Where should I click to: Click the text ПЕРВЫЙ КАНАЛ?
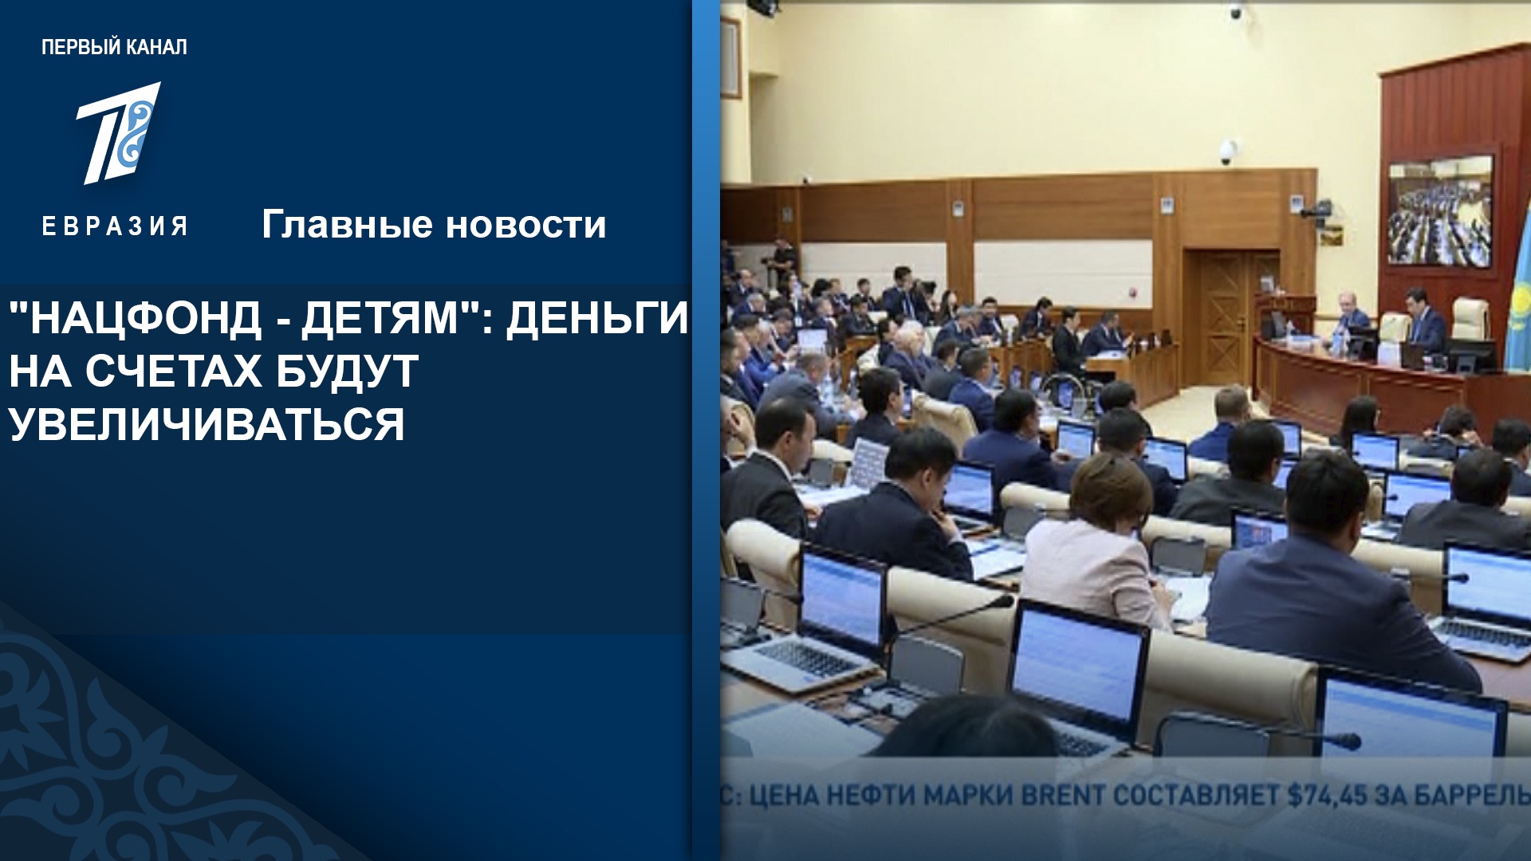click(114, 48)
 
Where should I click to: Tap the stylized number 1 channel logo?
click(119, 133)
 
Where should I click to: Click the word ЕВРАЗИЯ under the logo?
click(115, 226)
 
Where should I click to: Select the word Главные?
click(347, 225)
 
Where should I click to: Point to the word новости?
click(526, 226)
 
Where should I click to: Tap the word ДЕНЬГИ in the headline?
click(597, 318)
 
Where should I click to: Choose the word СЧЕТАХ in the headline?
click(171, 371)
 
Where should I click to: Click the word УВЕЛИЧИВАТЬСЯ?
click(207, 423)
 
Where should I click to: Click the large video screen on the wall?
click(1440, 211)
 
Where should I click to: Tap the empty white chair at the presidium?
click(1470, 320)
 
